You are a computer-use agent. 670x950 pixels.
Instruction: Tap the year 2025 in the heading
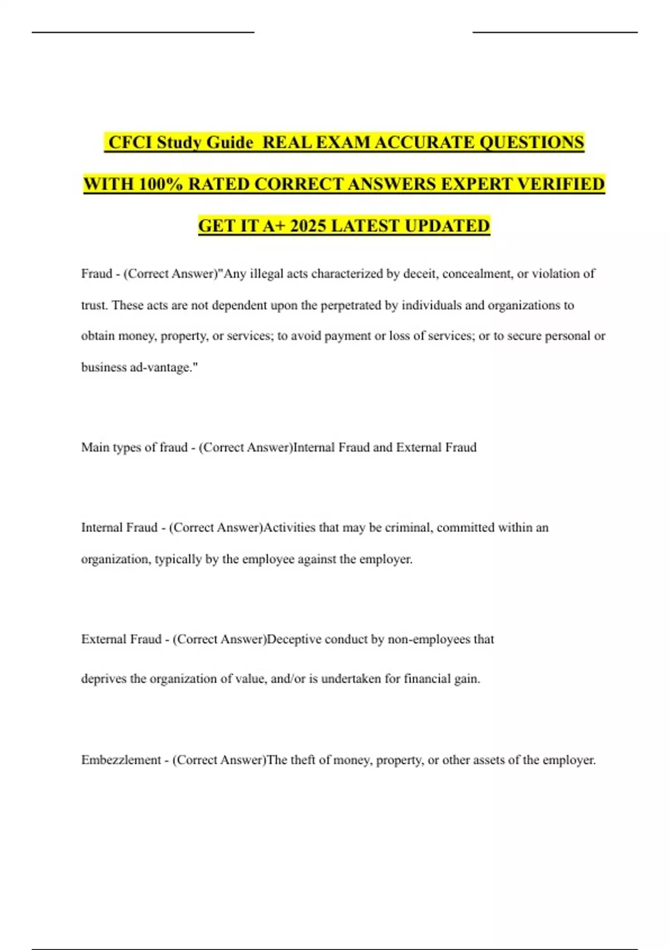(308, 226)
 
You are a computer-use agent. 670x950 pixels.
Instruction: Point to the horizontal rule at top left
(143, 32)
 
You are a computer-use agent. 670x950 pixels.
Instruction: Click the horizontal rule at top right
(555, 32)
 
